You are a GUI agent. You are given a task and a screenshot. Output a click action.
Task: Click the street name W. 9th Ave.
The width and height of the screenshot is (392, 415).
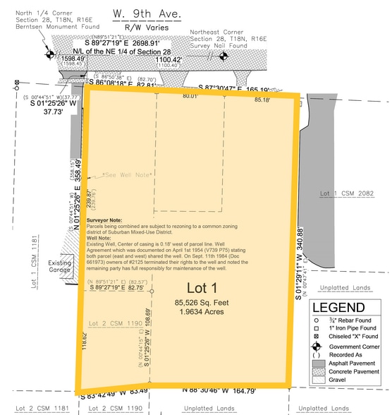coord(146,13)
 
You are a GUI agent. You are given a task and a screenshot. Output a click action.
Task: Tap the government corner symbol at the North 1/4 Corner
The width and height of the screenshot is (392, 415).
coord(50,54)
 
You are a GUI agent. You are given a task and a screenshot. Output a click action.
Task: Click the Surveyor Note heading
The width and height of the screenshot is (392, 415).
coord(105,219)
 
